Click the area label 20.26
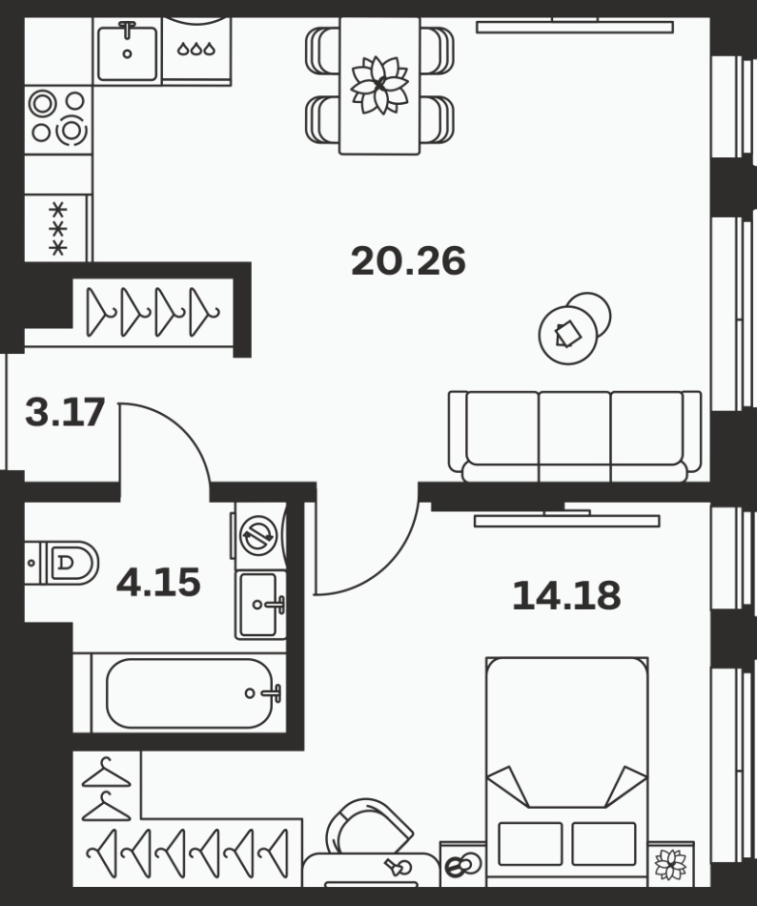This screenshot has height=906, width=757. (x=408, y=261)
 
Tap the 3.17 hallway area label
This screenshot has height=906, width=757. (x=65, y=412)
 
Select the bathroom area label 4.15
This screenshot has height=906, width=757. (x=158, y=582)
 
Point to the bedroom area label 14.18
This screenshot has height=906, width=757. (x=566, y=595)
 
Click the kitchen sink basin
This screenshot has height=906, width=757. (x=127, y=53)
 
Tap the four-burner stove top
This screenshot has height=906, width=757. (x=58, y=119)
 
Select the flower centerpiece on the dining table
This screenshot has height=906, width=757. (x=379, y=85)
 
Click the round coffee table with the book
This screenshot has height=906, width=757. (x=567, y=335)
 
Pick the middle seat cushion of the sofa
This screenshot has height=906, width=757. (x=574, y=429)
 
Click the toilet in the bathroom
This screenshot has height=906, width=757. (x=62, y=563)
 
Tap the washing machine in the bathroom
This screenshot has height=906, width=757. (x=259, y=536)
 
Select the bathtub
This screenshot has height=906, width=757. (x=190, y=692)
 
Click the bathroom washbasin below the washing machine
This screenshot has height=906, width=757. (x=261, y=605)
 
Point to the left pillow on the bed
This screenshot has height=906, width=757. (x=530, y=844)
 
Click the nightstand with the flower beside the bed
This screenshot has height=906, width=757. (x=671, y=864)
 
